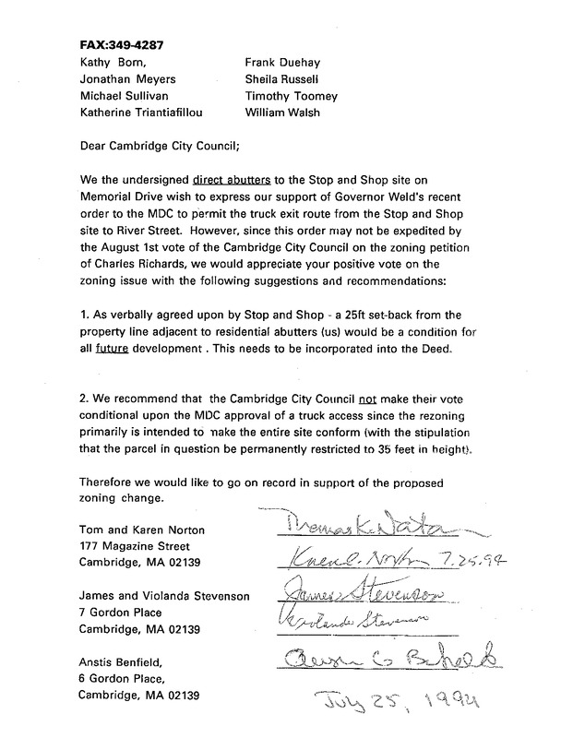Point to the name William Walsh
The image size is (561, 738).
point(281,113)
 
